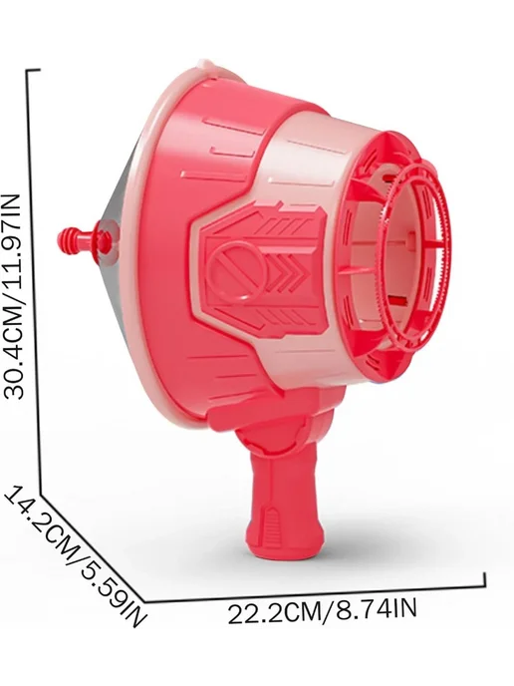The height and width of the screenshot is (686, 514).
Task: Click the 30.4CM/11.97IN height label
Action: pyautogui.click(x=12, y=296)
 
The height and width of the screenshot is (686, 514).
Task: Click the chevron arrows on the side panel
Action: pyautogui.click(x=285, y=271)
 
